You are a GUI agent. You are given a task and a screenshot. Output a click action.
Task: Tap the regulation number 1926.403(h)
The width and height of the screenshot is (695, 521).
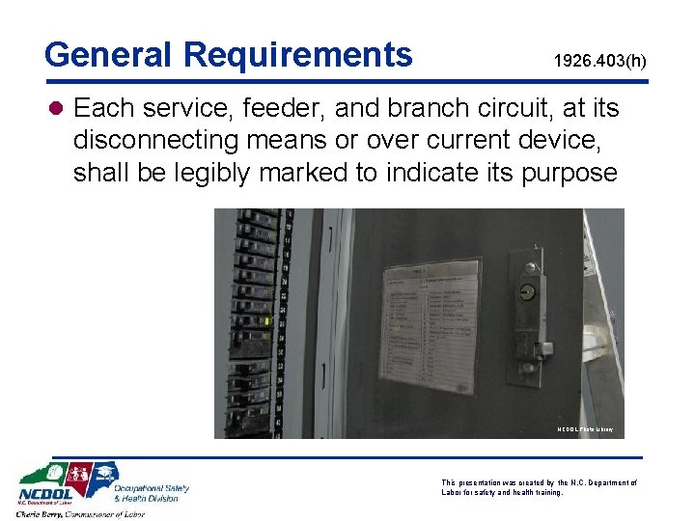click(x=599, y=62)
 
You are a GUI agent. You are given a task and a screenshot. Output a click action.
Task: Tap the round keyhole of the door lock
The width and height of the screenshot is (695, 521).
click(x=529, y=288)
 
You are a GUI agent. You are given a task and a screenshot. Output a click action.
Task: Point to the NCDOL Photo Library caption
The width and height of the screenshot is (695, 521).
click(x=584, y=429)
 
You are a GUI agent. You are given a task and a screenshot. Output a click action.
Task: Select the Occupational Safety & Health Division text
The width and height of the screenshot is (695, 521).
click(x=152, y=492)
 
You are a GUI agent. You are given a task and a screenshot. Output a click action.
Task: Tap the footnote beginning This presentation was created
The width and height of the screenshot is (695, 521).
click(x=539, y=487)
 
